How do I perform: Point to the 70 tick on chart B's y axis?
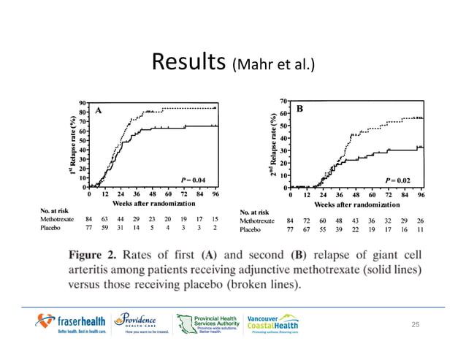pyautogui.click(x=283, y=100)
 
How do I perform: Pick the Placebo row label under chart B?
pyautogui.click(x=251, y=229)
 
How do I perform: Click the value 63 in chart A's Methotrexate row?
pyautogui.click(x=104, y=218)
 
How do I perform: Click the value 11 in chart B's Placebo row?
pyautogui.click(x=420, y=229)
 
